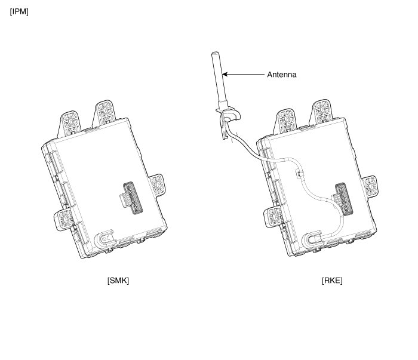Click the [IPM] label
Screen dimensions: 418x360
(19, 12)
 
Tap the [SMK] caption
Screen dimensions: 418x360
(118, 281)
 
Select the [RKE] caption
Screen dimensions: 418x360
(332, 281)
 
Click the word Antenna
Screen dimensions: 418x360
(282, 75)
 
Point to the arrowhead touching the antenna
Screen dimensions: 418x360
(225, 74)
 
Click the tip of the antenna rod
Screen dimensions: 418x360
(215, 53)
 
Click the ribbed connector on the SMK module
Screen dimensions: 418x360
(131, 198)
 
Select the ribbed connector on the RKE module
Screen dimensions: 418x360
(343, 199)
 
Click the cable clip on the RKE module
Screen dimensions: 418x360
(299, 174)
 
